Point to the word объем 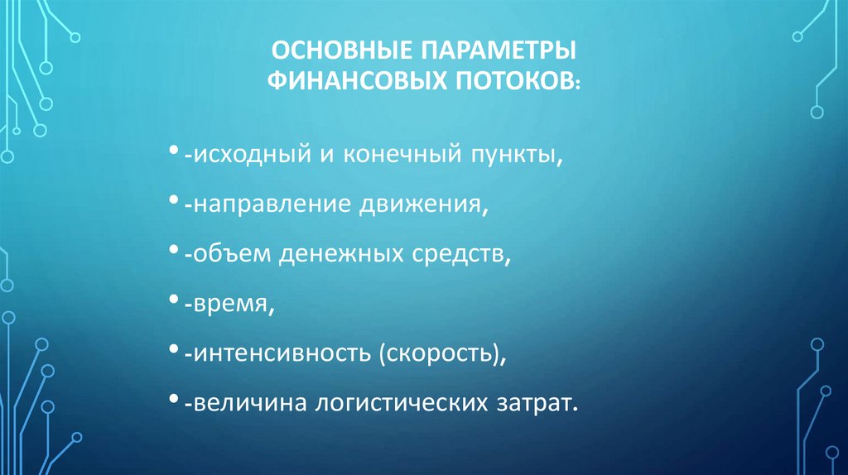[x=227, y=256]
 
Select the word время [x=229, y=305]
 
